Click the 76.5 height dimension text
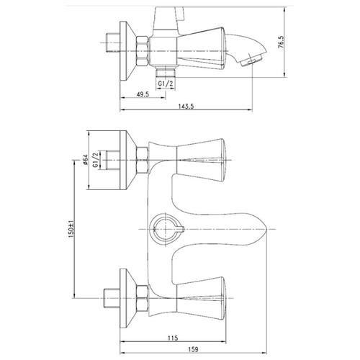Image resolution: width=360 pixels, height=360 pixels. coord(281,42)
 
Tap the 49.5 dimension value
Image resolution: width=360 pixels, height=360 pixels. coord(143,94)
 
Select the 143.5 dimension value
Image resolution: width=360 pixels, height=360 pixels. coord(186,107)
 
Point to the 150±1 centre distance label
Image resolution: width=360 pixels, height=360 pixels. coord(71,229)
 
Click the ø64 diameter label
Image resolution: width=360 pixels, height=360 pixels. coord(86,160)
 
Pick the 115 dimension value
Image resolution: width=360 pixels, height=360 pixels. coord(173,338)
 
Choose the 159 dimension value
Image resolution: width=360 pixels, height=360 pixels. coord(193,349)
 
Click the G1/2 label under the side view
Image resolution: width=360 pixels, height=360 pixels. coord(166,84)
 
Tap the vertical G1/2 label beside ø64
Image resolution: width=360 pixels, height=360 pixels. coord(96,160)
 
